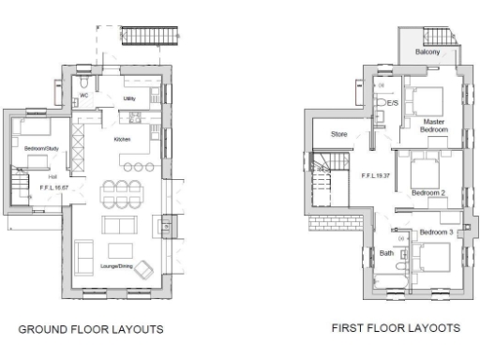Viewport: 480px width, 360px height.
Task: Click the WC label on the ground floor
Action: (83, 95)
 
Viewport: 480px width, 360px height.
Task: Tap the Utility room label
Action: (131, 96)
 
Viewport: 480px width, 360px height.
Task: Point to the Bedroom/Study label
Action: (41, 148)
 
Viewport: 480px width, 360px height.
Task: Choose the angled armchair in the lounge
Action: (143, 271)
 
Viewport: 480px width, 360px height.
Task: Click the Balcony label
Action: (429, 52)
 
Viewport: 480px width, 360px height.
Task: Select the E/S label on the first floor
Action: (393, 102)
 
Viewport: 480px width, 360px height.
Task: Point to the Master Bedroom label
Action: (433, 126)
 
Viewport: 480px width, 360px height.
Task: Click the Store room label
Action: (339, 134)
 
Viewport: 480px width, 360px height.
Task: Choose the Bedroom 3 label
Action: (435, 232)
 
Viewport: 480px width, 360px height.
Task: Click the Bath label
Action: (386, 253)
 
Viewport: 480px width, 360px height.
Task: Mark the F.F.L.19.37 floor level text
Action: (376, 175)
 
